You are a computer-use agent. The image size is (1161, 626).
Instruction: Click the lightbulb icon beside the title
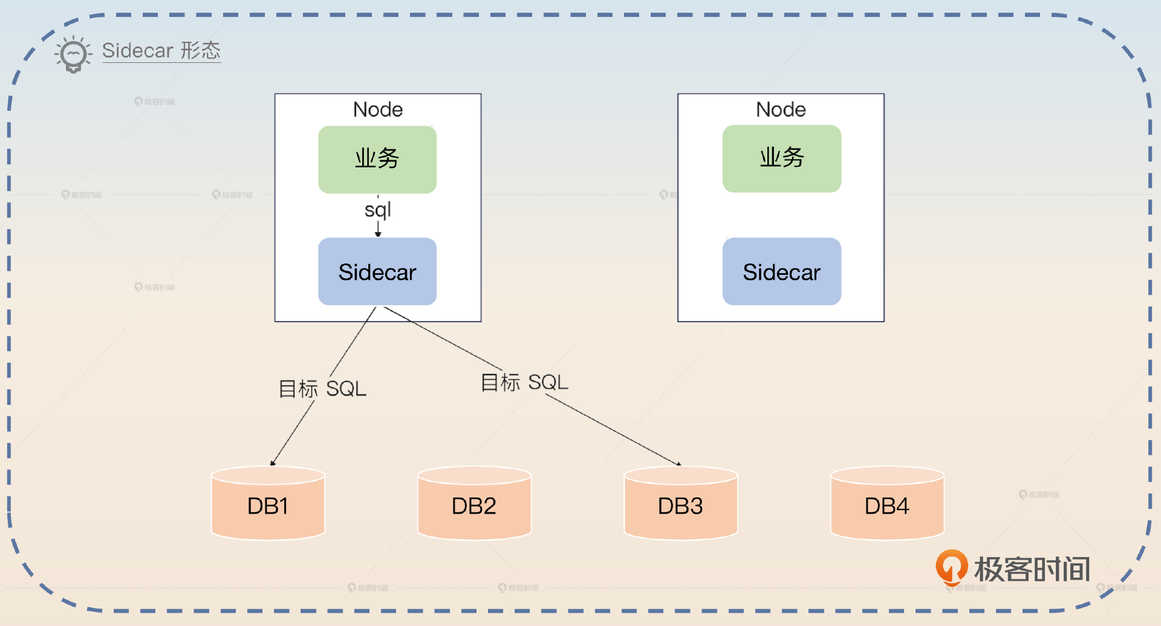click(73, 54)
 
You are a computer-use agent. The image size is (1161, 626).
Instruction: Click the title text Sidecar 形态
click(161, 51)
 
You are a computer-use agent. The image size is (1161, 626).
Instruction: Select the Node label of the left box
click(378, 109)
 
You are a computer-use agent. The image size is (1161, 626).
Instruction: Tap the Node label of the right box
click(781, 109)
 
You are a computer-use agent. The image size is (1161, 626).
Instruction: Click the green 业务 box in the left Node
click(377, 159)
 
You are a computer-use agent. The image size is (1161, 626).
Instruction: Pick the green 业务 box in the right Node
click(781, 158)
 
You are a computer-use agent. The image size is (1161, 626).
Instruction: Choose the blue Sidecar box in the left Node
click(377, 271)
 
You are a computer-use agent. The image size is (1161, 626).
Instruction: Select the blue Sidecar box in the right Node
click(781, 271)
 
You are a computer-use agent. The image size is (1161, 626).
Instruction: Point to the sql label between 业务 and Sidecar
click(378, 210)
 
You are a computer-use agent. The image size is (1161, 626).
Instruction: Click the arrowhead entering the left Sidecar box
click(378, 234)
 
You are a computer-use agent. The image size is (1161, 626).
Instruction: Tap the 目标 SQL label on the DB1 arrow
click(322, 389)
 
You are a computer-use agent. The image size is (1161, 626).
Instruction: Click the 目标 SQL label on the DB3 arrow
click(524, 382)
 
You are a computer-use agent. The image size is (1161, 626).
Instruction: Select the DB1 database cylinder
click(268, 504)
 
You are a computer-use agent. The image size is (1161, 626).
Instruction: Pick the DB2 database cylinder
click(474, 504)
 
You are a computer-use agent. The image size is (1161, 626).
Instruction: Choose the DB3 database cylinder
click(680, 504)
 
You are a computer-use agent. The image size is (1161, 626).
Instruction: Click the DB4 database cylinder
click(887, 504)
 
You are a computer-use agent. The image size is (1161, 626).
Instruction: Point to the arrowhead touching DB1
click(273, 463)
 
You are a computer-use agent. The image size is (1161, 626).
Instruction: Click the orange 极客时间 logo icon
click(951, 567)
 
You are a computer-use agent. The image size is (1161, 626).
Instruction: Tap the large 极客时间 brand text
click(1032, 569)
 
